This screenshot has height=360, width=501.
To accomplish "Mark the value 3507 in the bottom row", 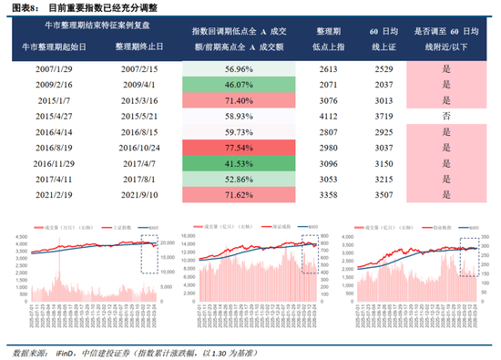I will (x=383, y=194).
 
